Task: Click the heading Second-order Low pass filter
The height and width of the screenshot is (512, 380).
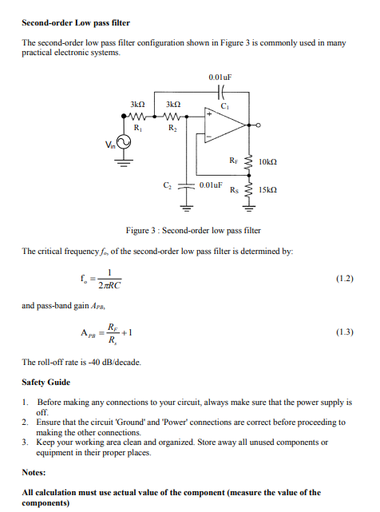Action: coord(76,22)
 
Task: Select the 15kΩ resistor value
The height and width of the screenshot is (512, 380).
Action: coord(269,192)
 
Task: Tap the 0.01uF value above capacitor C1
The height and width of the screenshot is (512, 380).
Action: coord(220,77)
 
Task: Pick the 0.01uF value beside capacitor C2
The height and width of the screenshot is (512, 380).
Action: coord(211,185)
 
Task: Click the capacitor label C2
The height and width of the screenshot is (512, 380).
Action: coord(167,185)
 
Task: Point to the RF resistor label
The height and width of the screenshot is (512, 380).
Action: coord(233,161)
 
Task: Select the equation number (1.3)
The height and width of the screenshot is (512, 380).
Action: coord(344,330)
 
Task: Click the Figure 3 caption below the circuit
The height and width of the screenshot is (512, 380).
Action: coord(188,230)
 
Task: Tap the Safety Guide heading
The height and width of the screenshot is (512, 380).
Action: coord(47,382)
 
